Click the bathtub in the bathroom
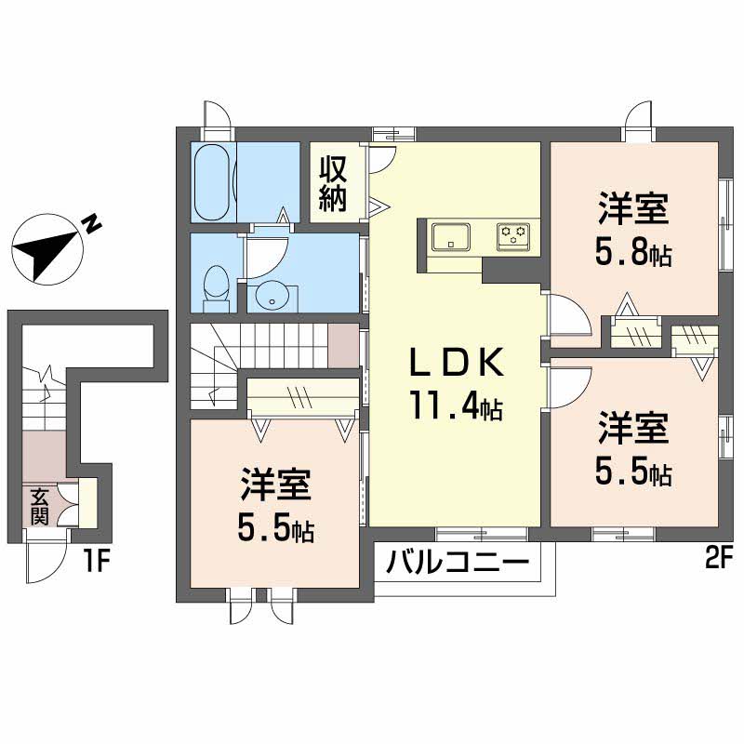(213, 182)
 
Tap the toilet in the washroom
(216, 288)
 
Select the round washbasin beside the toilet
(272, 296)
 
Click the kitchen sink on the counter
(451, 236)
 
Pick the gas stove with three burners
(513, 236)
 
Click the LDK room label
(457, 363)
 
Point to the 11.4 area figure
(457, 405)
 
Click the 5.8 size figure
(633, 254)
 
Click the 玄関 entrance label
(39, 506)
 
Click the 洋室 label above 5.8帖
(633, 209)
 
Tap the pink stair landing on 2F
(343, 345)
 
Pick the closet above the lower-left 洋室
(303, 397)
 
